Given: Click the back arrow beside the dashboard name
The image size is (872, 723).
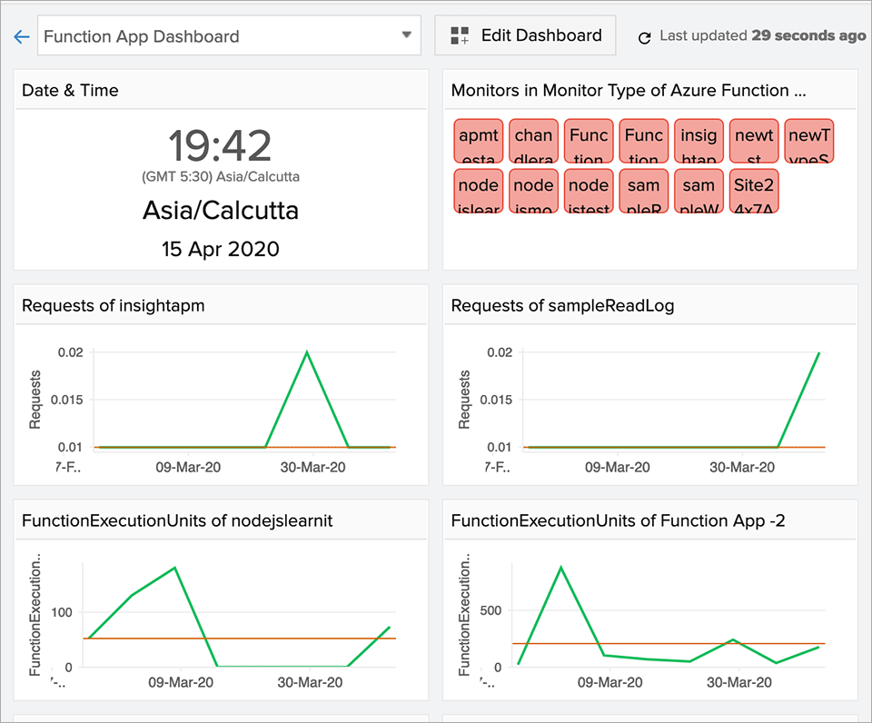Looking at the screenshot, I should [21, 37].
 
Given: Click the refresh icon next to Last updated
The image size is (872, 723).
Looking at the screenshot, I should [645, 37].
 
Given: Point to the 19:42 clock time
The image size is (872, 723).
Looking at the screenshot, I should [221, 145].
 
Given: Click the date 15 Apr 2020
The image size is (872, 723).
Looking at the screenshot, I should [221, 249].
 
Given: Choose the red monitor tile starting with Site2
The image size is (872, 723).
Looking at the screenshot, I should [754, 191].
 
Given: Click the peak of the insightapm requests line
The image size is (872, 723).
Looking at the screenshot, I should [307, 352].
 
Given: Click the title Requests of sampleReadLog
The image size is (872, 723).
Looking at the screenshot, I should [562, 306].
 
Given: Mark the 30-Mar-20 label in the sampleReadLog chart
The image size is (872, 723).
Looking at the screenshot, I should [741, 468].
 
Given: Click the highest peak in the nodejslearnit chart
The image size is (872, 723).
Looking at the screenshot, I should [174, 568].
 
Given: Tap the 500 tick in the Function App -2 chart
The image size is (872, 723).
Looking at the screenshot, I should [491, 610].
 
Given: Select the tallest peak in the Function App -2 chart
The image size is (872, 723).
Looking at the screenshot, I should [560, 567].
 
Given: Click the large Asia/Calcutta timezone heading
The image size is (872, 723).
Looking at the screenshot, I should [221, 211].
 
